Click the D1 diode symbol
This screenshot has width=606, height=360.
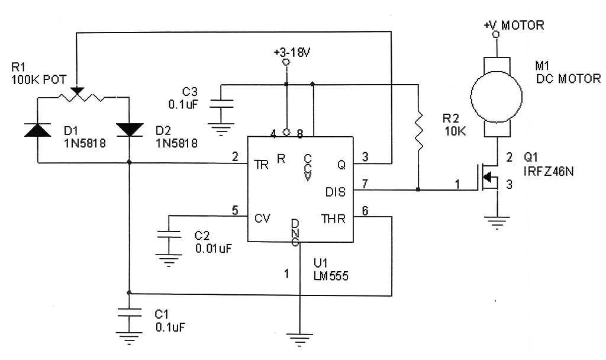(37, 129)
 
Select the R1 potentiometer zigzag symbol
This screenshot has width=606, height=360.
(83, 95)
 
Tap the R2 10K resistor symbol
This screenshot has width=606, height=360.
(418, 130)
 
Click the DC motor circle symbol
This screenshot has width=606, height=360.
(496, 95)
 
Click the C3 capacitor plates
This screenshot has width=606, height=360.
(221, 107)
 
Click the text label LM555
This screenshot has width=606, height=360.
(331, 275)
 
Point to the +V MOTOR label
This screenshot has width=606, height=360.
(513, 25)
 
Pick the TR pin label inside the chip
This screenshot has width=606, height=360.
(261, 165)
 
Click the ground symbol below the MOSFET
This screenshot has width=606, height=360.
(497, 223)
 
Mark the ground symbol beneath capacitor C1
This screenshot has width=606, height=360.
(128, 339)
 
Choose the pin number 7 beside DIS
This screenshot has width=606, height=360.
(365, 184)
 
